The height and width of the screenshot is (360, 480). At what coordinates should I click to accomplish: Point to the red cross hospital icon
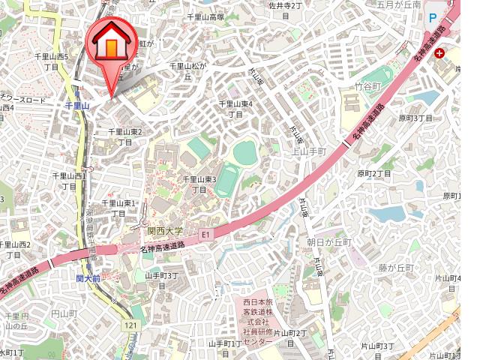[x=438, y=54]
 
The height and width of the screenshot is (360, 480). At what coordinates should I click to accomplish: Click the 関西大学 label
[x=166, y=231]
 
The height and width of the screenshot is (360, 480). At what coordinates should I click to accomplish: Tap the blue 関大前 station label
[x=88, y=277]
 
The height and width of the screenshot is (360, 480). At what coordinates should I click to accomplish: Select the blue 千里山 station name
[x=77, y=106]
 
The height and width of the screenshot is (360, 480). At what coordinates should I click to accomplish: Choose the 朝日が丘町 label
[x=328, y=242]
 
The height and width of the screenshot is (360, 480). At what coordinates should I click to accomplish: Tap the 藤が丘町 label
[x=396, y=268]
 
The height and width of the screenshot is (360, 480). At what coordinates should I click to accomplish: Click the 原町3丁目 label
[x=415, y=118]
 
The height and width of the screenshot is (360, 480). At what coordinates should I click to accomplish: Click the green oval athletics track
[x=245, y=153]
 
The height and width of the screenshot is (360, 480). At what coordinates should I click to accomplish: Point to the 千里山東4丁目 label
[x=235, y=109]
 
